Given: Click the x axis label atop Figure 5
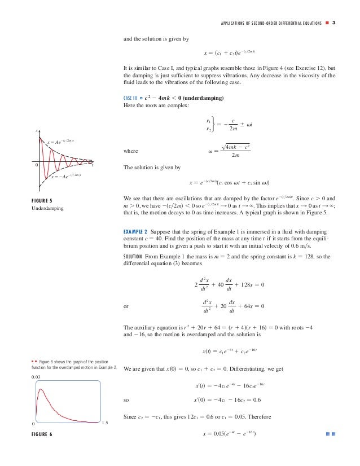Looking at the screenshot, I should coord(37,131).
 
